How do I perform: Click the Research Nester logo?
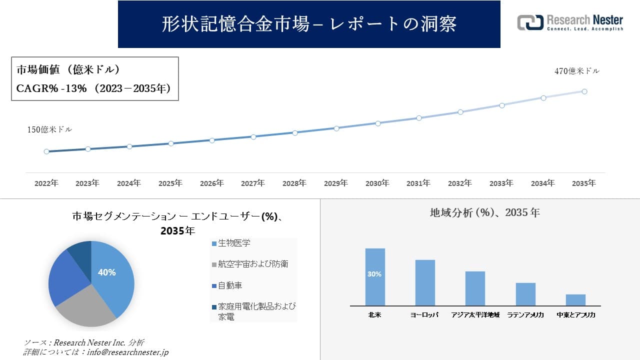[x=570, y=22]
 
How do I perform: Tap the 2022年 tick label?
[x=46, y=183]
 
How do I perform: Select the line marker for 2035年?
[x=584, y=91]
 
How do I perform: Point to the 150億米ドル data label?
[x=49, y=129]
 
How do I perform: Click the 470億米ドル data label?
[x=576, y=71]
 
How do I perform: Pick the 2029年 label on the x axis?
[x=336, y=183]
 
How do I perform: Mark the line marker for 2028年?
[x=295, y=133]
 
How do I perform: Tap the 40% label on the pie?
[x=106, y=272]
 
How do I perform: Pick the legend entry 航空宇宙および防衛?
[x=253, y=264]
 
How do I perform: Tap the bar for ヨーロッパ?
[x=425, y=282]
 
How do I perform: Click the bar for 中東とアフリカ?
[x=575, y=300]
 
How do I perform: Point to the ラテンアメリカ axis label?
[x=525, y=315]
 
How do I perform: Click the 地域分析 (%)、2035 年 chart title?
[x=484, y=212]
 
